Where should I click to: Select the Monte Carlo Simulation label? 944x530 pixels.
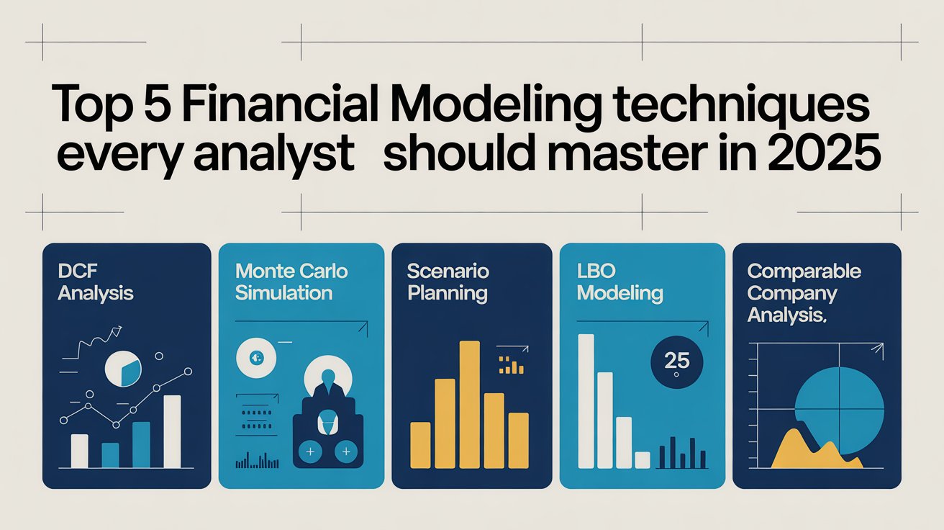(x=291, y=282)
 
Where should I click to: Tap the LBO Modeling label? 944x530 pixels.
(x=619, y=282)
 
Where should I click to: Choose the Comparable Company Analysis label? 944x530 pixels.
(x=804, y=293)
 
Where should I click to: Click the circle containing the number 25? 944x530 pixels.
(x=677, y=361)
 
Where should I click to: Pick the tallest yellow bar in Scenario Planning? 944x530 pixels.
(x=469, y=403)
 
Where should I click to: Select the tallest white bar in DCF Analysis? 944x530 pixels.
(x=173, y=431)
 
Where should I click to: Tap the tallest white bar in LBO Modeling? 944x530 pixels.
(x=586, y=400)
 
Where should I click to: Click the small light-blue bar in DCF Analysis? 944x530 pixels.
(x=110, y=454)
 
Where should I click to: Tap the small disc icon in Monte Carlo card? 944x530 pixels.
(x=257, y=356)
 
